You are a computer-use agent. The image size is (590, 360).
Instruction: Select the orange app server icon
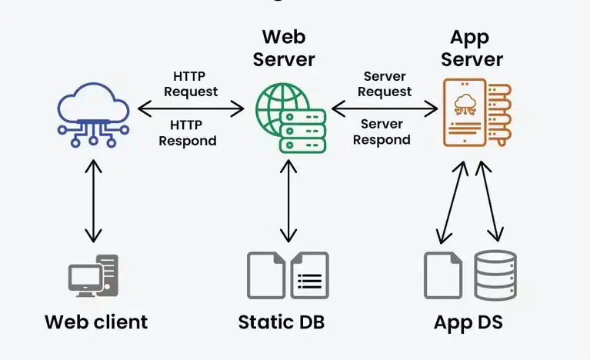coord(474,112)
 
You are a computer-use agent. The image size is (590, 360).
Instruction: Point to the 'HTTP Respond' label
coord(188,132)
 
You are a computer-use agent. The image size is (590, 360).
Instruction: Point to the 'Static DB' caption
coord(282,321)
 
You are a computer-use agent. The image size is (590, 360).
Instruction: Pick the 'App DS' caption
coord(468,321)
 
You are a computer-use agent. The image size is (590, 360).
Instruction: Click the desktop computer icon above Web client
coord(93,276)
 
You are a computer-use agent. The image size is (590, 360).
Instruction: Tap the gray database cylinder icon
coord(495,275)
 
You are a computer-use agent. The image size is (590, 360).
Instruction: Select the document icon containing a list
coord(309,275)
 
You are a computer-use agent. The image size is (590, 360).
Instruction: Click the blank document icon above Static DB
coord(265,275)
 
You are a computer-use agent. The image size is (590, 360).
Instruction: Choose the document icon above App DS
coord(443,275)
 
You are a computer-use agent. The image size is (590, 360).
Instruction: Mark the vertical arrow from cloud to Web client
coord(93,202)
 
